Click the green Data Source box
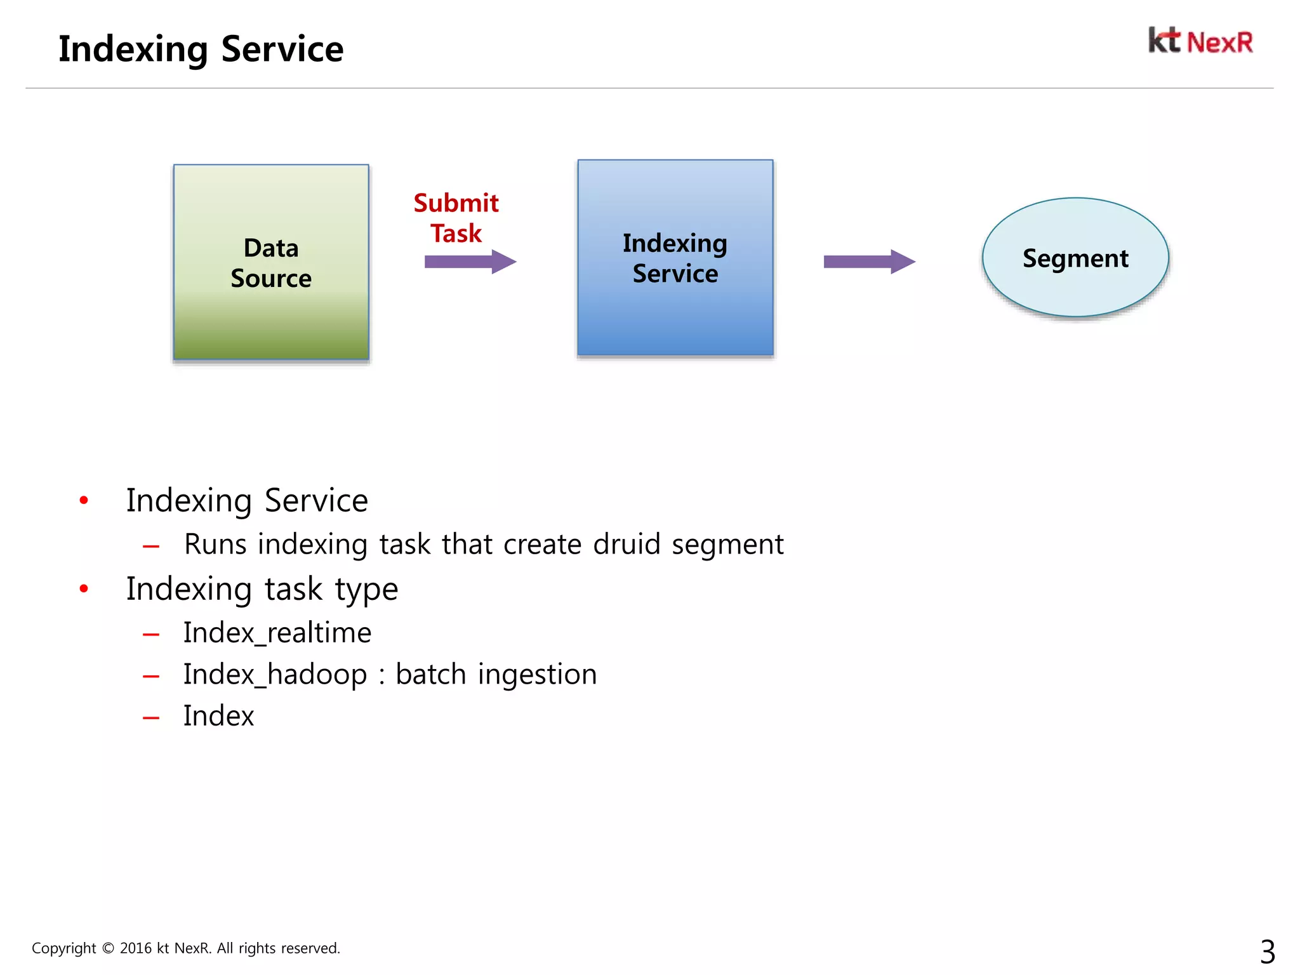point(271,262)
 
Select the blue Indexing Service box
point(675,258)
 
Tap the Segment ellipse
point(1075,258)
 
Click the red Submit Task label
point(456,218)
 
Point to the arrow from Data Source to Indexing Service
point(470,262)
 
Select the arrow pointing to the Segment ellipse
point(868,262)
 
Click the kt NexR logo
point(1200,41)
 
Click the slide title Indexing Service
point(201,49)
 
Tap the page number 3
point(1267,952)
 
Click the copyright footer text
point(186,948)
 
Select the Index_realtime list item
point(277,633)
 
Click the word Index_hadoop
point(275,674)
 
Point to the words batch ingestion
point(496,674)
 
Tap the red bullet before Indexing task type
point(84,589)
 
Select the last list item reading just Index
point(218,716)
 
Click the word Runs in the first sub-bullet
point(215,545)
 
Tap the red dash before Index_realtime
point(151,634)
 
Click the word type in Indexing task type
point(366,590)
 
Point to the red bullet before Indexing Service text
point(84,501)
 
